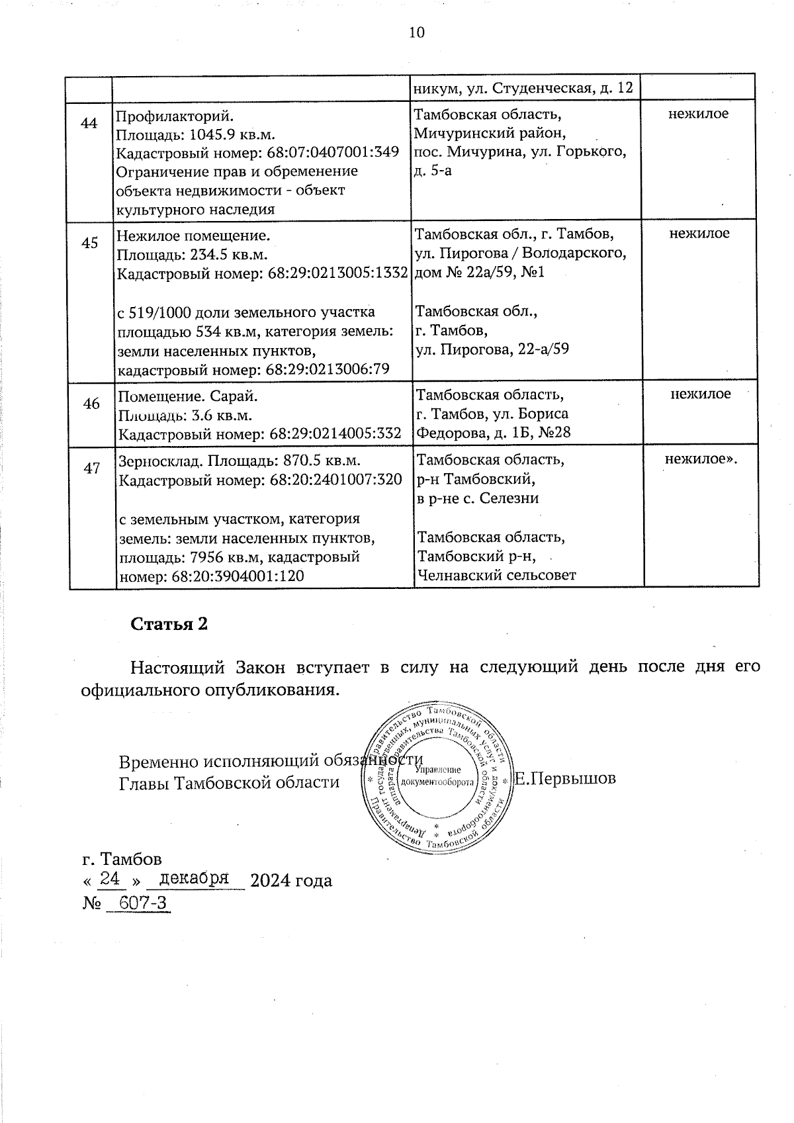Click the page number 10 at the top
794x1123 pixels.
(417, 32)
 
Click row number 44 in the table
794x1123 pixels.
(89, 124)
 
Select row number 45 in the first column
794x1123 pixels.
(89, 243)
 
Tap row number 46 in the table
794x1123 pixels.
(91, 404)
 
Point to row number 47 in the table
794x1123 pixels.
(91, 469)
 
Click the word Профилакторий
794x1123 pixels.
(174, 114)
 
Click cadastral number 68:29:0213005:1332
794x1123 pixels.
(337, 273)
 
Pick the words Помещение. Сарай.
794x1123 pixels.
(187, 396)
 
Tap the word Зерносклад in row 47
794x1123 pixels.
(158, 461)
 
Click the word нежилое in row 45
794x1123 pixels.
(699, 234)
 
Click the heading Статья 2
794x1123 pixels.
(169, 624)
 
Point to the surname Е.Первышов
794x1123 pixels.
(566, 778)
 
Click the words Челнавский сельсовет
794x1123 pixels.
(496, 575)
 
